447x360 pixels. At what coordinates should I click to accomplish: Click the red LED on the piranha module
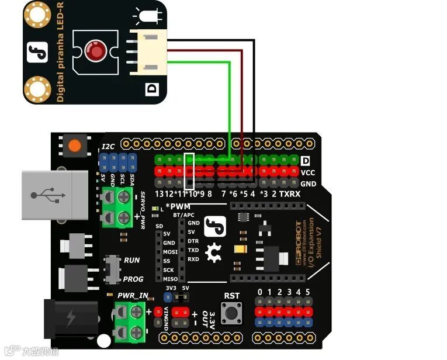[95, 51]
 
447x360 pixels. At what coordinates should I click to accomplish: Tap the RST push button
[232, 313]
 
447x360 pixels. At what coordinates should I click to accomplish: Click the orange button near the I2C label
[74, 145]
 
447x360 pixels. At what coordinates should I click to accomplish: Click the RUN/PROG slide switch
[111, 269]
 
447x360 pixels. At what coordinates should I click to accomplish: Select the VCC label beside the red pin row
[308, 172]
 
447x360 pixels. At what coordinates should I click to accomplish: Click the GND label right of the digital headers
[308, 184]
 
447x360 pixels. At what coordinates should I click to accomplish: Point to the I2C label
[109, 147]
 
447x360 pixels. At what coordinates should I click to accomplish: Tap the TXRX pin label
[290, 193]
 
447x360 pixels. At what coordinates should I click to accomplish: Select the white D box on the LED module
[152, 89]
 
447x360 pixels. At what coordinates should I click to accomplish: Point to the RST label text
[232, 296]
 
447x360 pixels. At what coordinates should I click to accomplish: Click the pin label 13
[160, 193]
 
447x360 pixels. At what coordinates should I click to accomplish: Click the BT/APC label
[183, 215]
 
